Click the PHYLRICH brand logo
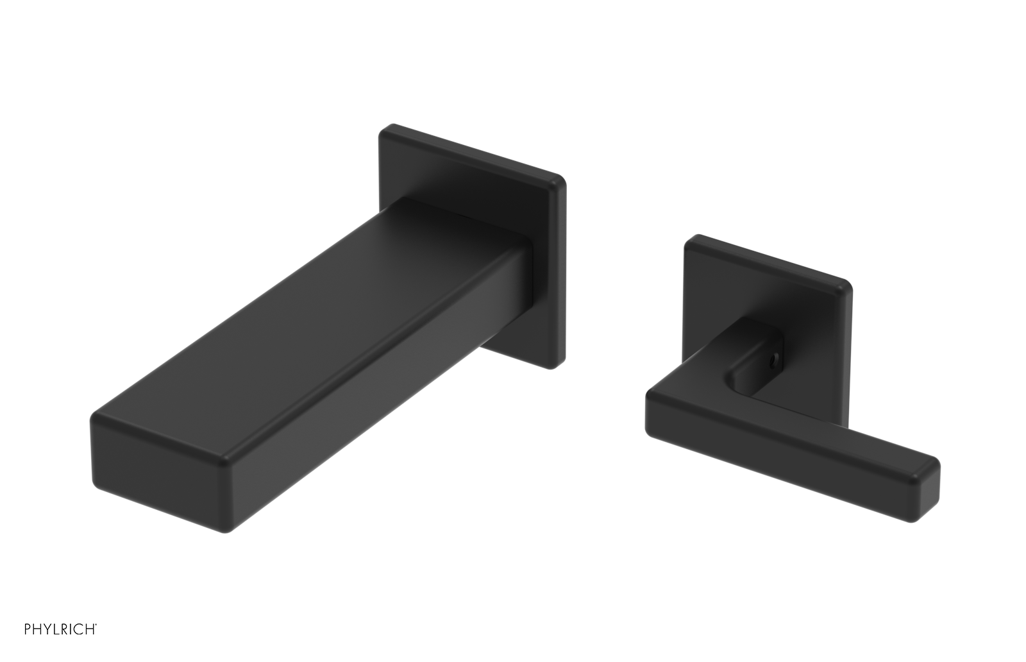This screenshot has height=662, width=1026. pyautogui.click(x=60, y=629)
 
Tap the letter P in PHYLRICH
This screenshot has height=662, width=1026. pyautogui.click(x=28, y=629)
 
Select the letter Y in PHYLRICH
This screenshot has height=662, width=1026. pyautogui.click(x=49, y=629)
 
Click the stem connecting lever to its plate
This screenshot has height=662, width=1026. pyautogui.click(x=757, y=359)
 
